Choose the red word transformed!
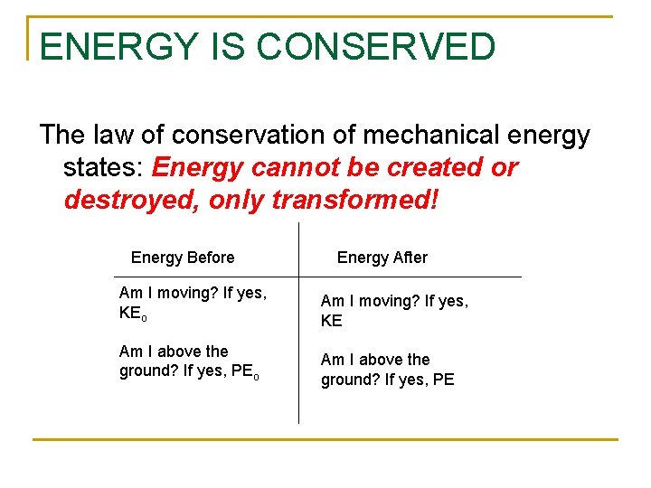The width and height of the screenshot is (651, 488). click(355, 200)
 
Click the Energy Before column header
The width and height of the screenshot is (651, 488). click(183, 258)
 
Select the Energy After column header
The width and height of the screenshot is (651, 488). click(382, 258)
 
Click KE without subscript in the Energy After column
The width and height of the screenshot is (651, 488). click(332, 321)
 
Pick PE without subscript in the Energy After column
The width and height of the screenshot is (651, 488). click(443, 380)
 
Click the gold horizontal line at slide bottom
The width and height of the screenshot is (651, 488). click(325, 440)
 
